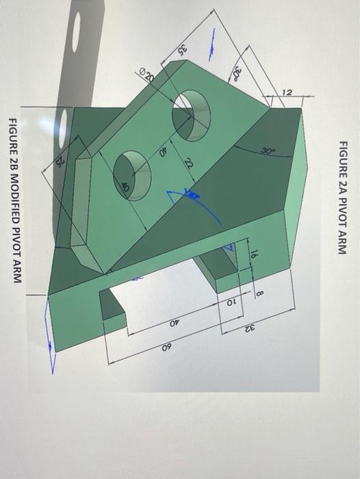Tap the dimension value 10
point(230,302)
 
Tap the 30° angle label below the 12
point(266,148)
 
